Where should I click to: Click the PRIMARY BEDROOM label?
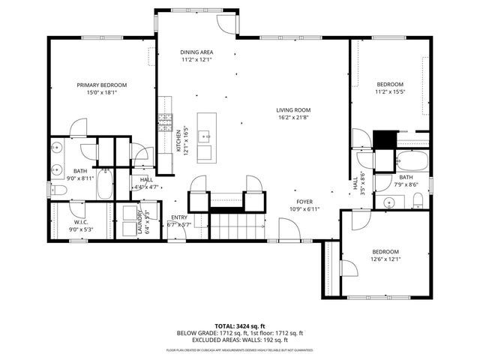(x=102, y=85)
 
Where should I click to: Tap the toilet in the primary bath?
(x=59, y=191)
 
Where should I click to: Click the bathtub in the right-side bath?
(x=411, y=161)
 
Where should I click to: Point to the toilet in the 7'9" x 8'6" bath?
(x=418, y=200)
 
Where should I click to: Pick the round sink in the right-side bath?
(x=388, y=202)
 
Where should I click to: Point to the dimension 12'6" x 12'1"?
(x=385, y=259)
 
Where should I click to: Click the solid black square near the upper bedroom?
(x=384, y=139)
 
